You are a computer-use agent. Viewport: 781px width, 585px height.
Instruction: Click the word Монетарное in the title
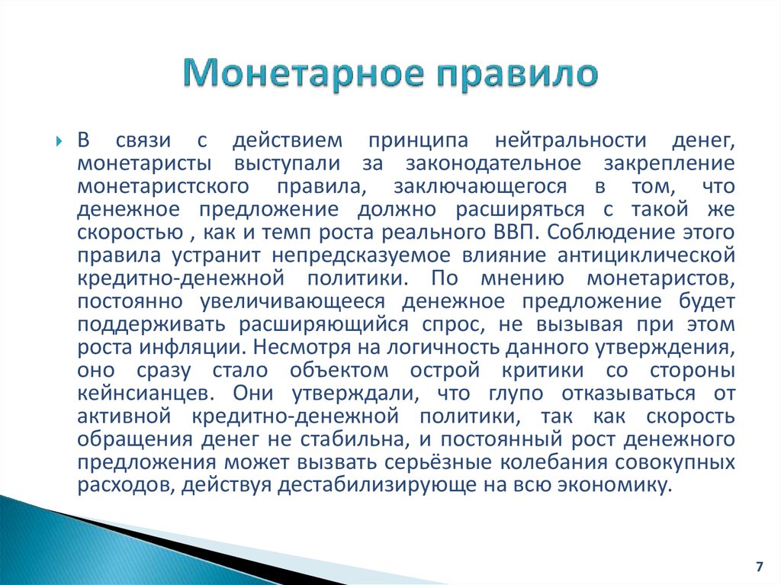[304, 72]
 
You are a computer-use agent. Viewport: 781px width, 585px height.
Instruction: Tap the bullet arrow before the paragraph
[59, 142]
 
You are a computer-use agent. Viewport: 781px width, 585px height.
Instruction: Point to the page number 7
[759, 567]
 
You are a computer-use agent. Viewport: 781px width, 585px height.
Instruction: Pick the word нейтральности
[570, 140]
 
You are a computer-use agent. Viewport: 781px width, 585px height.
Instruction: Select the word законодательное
[493, 163]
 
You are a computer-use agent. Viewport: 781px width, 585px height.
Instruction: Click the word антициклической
[646, 256]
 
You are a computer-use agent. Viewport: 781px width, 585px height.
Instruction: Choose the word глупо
[516, 394]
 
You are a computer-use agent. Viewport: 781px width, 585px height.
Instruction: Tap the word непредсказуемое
[361, 256]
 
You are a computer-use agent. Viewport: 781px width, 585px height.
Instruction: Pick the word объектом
[339, 370]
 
